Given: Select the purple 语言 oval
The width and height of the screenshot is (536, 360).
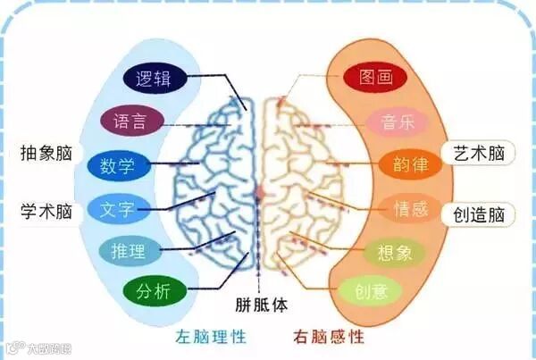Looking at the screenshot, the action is (x=131, y=120).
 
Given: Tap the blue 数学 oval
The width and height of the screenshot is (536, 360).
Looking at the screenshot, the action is (x=118, y=165).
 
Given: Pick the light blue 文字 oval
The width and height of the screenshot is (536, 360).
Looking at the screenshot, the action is (x=118, y=211).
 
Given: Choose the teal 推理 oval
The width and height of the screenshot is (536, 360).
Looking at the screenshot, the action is (x=130, y=250).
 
